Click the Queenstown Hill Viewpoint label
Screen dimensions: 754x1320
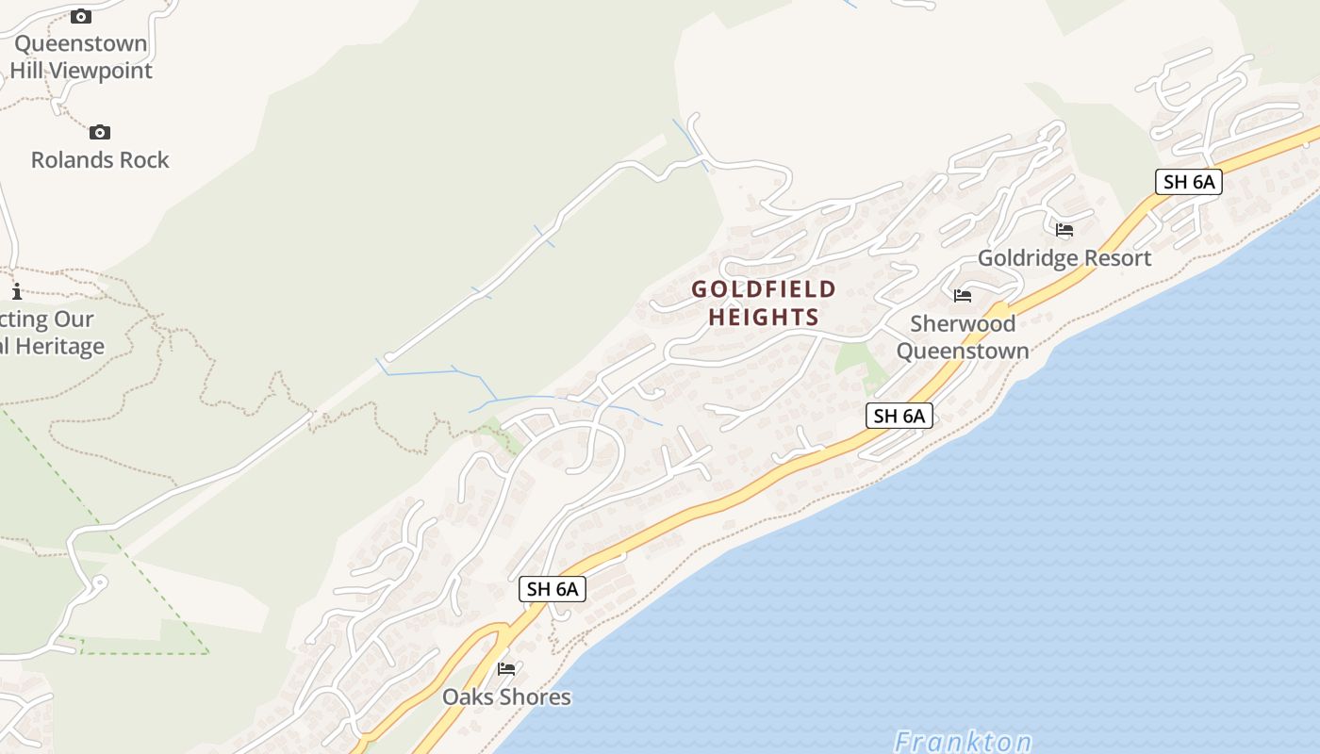80,57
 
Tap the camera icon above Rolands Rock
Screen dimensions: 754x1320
100,133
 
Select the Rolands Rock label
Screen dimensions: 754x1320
100,160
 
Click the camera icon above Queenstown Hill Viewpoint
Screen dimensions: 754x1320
81,16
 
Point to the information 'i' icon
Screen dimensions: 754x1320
16,291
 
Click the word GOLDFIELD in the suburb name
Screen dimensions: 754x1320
764,289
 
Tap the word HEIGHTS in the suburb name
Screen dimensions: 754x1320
764,318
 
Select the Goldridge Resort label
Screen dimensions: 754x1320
1064,258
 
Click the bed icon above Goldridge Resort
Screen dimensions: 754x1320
1064,230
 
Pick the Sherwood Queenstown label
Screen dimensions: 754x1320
963,337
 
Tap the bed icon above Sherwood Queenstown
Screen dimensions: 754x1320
963,296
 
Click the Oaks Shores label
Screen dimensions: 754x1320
507,697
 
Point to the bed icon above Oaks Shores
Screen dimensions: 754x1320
506,669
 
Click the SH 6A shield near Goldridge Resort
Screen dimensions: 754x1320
1188,182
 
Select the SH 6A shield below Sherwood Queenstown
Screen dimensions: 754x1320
899,416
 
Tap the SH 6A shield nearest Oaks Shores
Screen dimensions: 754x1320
553,589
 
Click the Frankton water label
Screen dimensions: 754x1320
963,742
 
